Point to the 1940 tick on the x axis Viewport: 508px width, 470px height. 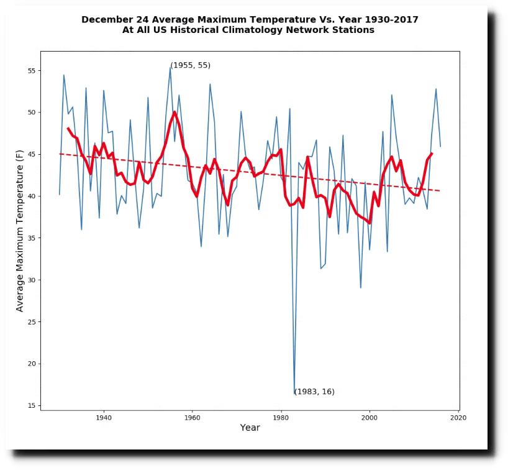[104, 417]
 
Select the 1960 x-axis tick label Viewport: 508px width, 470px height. [193, 417]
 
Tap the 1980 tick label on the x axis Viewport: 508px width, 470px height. [281, 417]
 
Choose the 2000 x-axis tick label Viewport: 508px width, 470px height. [370, 417]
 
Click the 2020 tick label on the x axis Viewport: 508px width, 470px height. [459, 417]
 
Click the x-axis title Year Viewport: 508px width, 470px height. [250, 428]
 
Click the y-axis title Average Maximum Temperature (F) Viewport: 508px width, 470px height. [20, 231]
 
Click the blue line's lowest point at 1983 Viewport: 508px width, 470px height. [294, 393]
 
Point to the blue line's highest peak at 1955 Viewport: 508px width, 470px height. [170, 67]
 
